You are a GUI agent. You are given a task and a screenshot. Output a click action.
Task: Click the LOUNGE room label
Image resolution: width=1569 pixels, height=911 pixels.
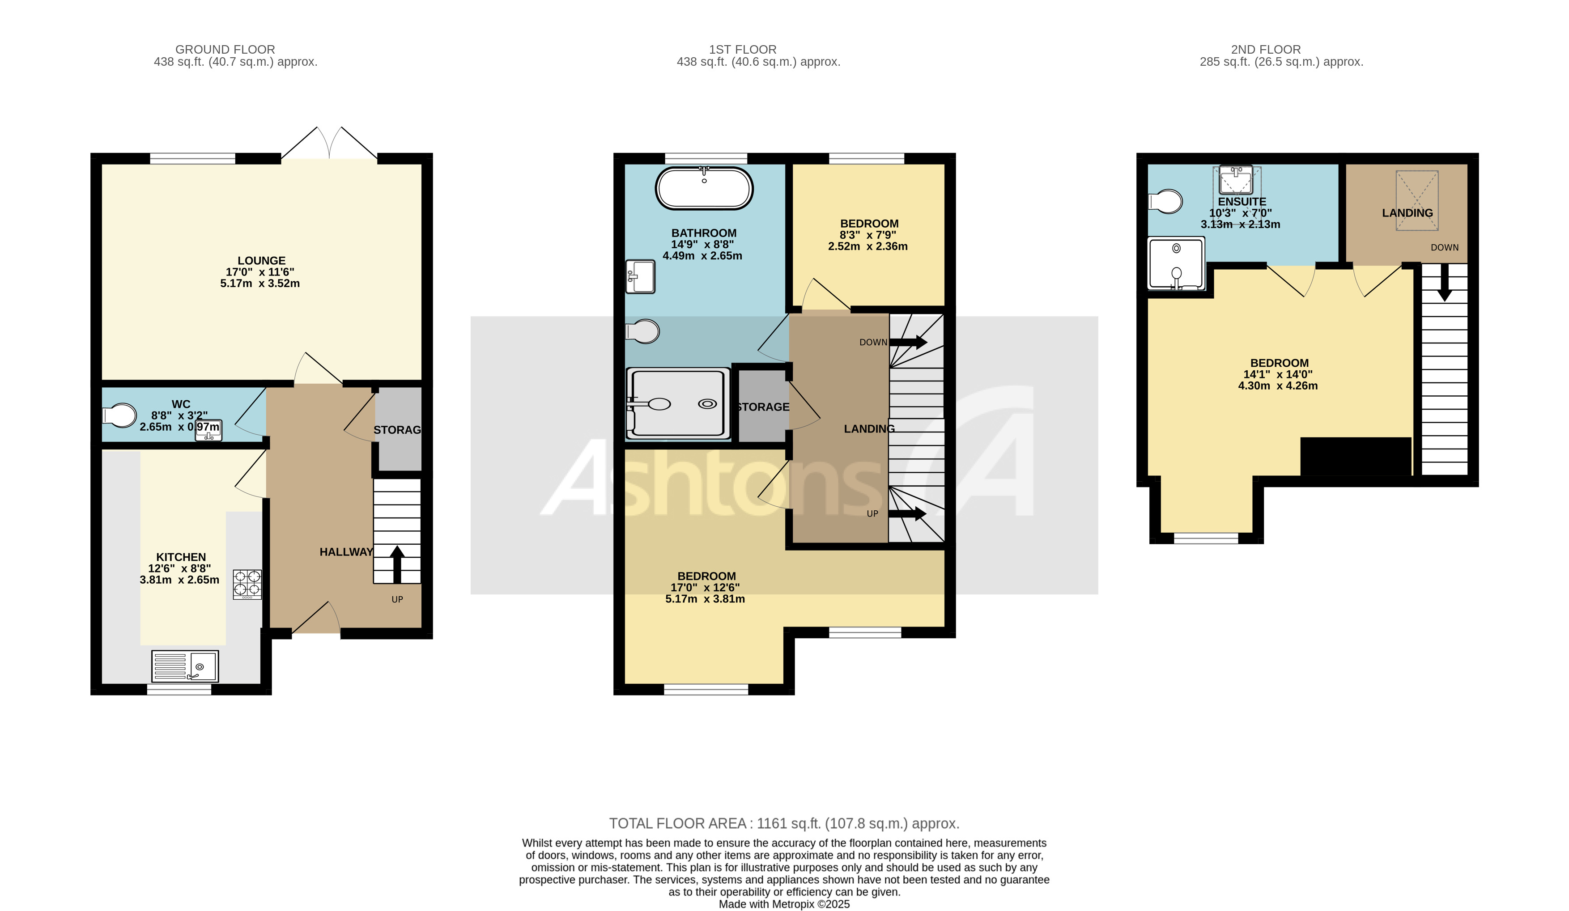pyautogui.click(x=261, y=261)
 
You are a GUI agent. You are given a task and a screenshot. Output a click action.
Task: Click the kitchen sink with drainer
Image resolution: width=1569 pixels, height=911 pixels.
pyautogui.click(x=185, y=666)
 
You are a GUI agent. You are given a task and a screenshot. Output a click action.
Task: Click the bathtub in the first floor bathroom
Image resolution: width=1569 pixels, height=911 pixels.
pyautogui.click(x=704, y=188)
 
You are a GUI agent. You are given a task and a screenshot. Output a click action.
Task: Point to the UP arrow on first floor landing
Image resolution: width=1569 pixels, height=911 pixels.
pyautogui.click(x=907, y=513)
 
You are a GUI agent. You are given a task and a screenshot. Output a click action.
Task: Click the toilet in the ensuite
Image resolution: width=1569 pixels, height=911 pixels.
pyautogui.click(x=1165, y=201)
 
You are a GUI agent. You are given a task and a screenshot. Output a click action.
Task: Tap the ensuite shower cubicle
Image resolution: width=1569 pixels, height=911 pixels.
pyautogui.click(x=1176, y=264)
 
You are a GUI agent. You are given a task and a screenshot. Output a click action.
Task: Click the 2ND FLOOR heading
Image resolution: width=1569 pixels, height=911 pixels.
pyautogui.click(x=1265, y=49)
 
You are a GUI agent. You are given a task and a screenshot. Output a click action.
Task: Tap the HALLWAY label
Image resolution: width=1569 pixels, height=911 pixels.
pyautogui.click(x=346, y=552)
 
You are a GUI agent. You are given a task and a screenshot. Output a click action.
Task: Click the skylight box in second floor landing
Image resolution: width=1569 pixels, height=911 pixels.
pyautogui.click(x=1416, y=200)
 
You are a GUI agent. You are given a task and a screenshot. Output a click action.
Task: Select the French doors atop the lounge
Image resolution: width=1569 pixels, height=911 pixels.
pyautogui.click(x=329, y=143)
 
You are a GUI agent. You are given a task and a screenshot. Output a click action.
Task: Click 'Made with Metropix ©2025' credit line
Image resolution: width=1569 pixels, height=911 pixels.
pyautogui.click(x=784, y=904)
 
